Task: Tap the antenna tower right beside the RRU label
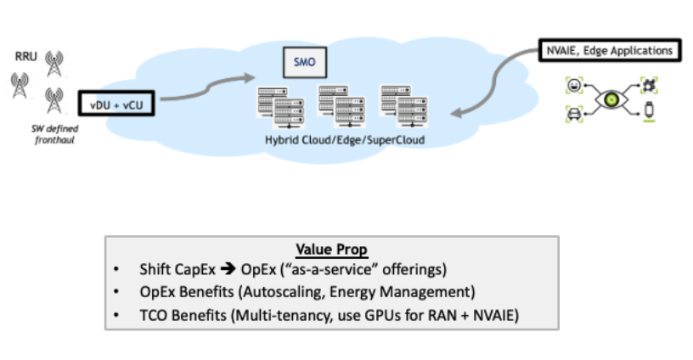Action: click(x=55, y=62)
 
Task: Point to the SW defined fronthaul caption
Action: click(x=48, y=132)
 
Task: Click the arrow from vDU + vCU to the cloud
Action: click(x=204, y=87)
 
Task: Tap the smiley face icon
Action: click(x=572, y=86)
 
